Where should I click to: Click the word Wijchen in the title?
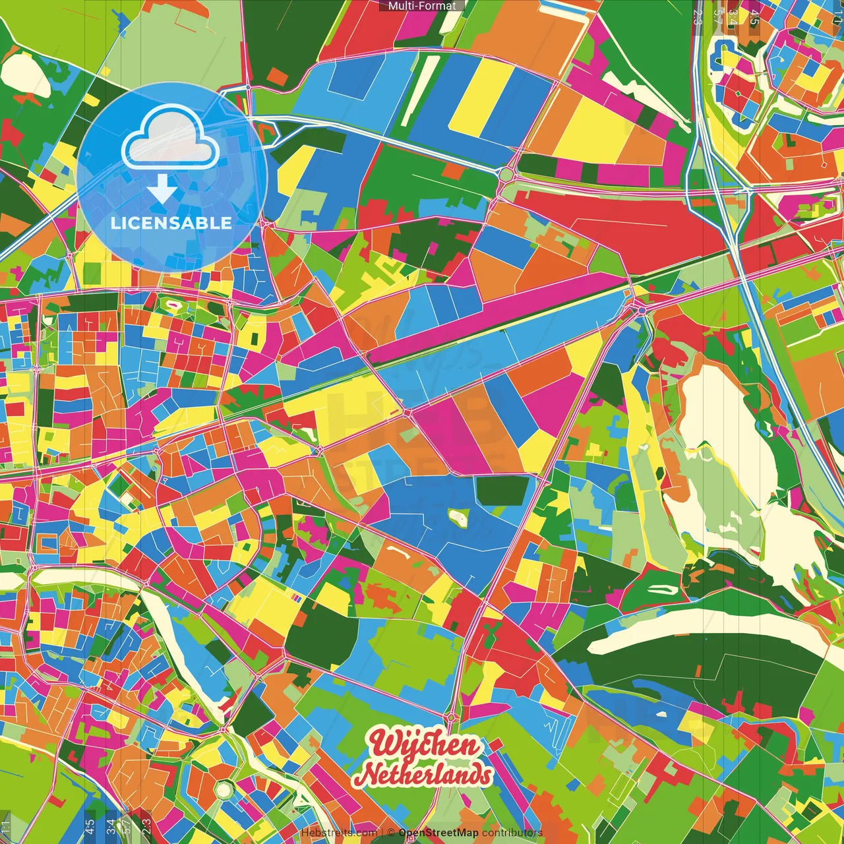tap(425, 745)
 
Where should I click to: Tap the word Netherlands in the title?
tap(427, 774)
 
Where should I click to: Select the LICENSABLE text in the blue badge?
tap(171, 223)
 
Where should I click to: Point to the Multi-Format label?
tap(421, 6)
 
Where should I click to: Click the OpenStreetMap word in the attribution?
tap(438, 833)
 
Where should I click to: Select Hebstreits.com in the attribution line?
tap(339, 833)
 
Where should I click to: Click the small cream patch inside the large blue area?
tap(458, 518)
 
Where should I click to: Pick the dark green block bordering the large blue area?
tap(502, 490)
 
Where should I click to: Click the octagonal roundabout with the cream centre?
tap(224, 789)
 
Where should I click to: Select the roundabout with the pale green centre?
tap(506, 175)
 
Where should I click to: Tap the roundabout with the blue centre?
tap(641, 309)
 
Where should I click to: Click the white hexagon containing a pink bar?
tap(174, 305)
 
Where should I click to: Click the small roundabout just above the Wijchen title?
tap(451, 717)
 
